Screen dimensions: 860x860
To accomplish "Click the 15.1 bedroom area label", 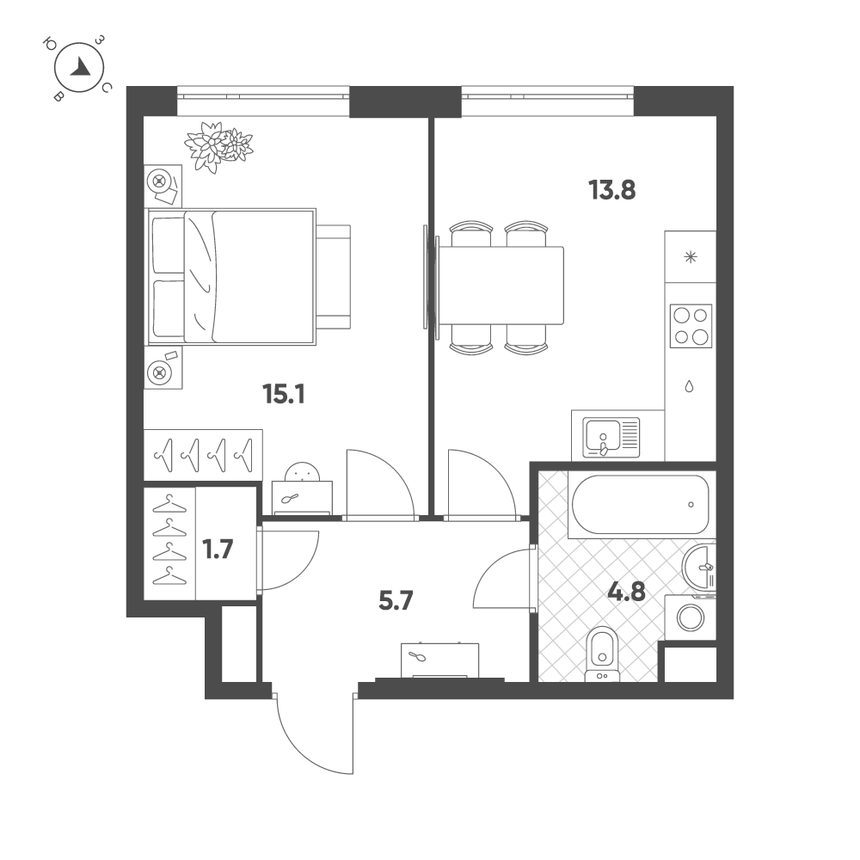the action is click(x=284, y=394).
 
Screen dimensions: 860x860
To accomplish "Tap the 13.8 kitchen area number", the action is click(x=611, y=190).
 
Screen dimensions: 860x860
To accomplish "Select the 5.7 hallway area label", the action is click(x=396, y=600).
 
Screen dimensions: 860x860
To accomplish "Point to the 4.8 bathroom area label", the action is click(x=627, y=593).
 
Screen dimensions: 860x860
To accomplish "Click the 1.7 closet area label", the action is click(x=218, y=549).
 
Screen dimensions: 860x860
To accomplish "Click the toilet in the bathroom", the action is click(x=602, y=654).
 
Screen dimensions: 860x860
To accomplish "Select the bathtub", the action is click(x=640, y=504).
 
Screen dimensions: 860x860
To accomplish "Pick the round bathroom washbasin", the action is click(x=698, y=567).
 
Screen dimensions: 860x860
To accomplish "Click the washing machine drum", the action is click(x=691, y=617).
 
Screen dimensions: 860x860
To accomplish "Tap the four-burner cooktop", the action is click(x=691, y=326).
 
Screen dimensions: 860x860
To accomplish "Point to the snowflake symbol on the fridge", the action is click(x=691, y=256).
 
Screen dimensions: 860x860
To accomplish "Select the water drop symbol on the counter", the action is click(x=689, y=386).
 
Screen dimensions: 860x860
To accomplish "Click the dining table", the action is click(x=501, y=286).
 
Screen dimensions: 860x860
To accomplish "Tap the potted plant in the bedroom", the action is click(x=218, y=145).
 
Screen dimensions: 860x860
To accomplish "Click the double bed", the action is click(x=230, y=277).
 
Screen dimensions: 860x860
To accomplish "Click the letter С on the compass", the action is click(x=107, y=87).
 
